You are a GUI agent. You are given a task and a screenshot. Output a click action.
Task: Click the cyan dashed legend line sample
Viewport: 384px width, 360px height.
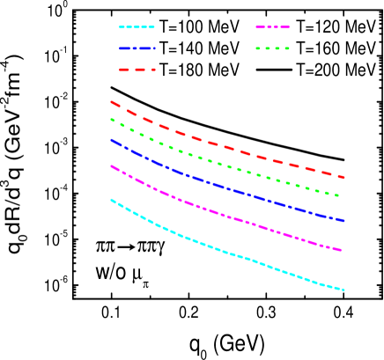point(137,27)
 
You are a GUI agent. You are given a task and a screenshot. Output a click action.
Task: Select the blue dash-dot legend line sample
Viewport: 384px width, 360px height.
point(137,48)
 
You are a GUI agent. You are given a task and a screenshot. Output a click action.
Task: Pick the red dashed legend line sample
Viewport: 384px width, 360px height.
point(137,69)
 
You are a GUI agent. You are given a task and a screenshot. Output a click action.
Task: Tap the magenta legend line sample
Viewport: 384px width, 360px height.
point(273,27)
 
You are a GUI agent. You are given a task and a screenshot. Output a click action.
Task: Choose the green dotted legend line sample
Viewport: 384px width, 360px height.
point(273,48)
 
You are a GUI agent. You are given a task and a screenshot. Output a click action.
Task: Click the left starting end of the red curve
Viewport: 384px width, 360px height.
point(111,102)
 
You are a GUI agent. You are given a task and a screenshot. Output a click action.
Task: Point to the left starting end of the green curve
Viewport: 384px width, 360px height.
point(111,119)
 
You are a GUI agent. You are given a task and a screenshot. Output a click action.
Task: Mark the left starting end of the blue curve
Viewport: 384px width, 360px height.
point(111,139)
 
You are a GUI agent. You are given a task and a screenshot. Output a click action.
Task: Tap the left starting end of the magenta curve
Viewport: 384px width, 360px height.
point(111,165)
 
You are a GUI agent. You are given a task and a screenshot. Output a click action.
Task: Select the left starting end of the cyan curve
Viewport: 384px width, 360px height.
point(111,200)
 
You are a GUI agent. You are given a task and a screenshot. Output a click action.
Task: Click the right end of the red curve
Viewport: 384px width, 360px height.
point(343,178)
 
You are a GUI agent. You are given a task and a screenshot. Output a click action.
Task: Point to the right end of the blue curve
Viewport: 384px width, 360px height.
point(343,221)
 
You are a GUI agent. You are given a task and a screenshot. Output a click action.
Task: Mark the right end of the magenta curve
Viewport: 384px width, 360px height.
point(342,251)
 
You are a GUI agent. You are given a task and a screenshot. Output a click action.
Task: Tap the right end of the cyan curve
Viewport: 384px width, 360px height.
point(343,290)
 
